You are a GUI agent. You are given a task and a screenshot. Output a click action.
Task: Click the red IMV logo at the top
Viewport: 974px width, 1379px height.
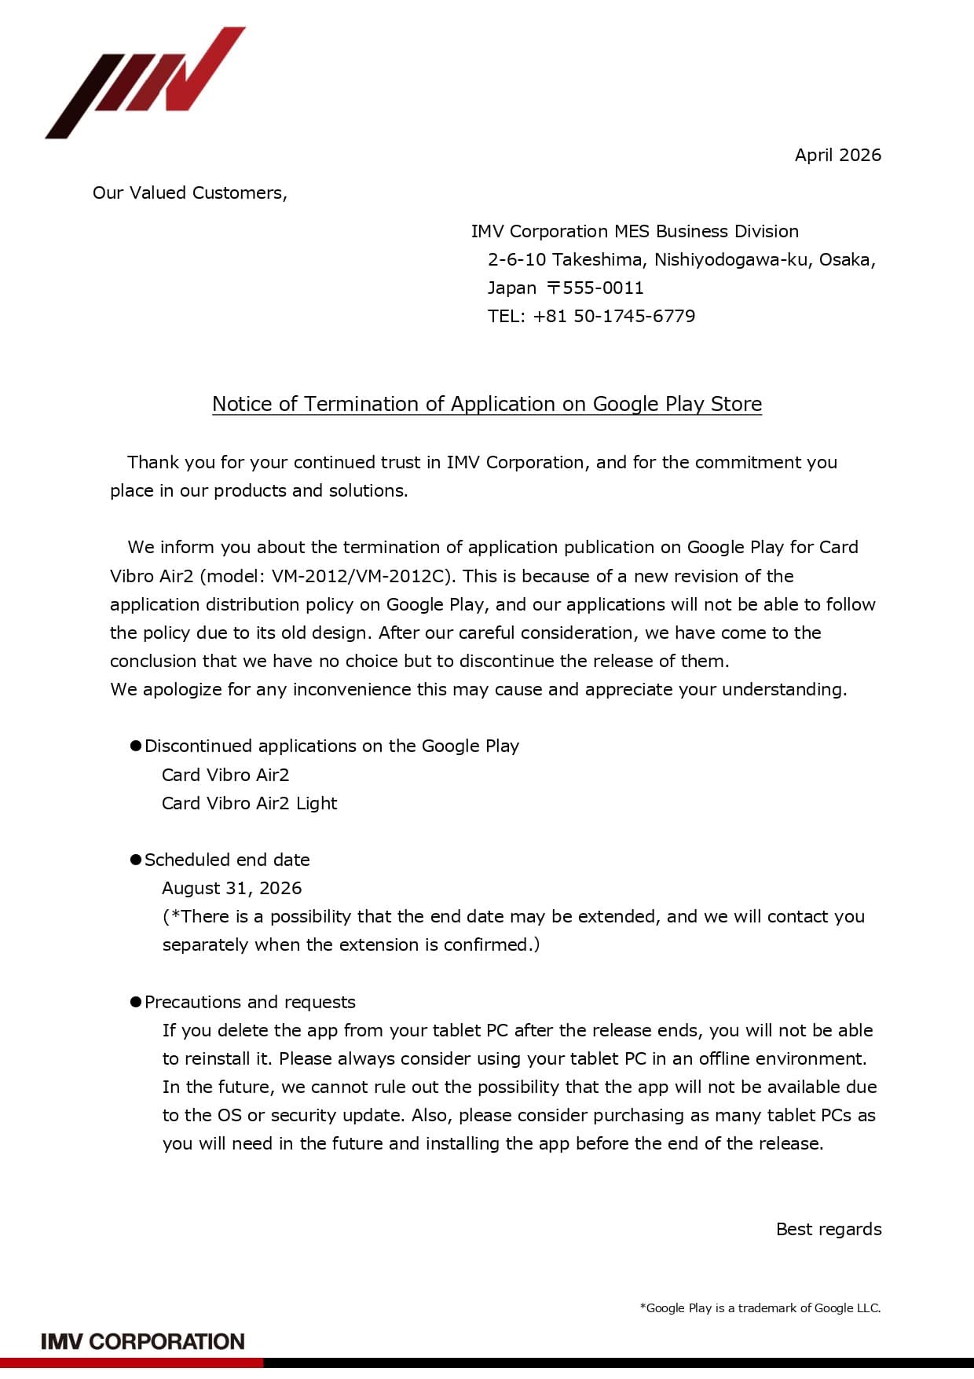pos(145,83)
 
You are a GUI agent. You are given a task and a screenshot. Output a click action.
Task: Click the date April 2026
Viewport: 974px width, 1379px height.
pos(837,155)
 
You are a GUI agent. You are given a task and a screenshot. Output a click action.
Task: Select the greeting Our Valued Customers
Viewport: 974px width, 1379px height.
pos(189,193)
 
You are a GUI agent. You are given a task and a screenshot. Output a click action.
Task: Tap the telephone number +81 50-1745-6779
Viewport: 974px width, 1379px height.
pos(613,316)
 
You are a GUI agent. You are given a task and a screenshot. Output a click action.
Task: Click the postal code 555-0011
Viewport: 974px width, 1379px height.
pos(602,288)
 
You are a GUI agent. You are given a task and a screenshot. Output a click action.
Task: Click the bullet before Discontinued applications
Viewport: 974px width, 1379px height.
pos(135,746)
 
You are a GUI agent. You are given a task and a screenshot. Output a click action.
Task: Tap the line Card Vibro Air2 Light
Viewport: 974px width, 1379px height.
pos(249,803)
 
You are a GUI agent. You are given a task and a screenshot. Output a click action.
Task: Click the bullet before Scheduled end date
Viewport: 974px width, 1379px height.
pos(135,860)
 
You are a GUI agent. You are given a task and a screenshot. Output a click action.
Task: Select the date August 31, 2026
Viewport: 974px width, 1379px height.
pos(232,888)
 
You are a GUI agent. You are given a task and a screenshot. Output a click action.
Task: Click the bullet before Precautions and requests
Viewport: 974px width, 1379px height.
pos(135,1002)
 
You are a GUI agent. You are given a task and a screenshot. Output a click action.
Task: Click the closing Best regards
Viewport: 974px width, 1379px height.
pos(828,1229)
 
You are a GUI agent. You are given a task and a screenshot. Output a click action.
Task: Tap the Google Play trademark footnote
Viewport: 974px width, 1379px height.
pos(760,1307)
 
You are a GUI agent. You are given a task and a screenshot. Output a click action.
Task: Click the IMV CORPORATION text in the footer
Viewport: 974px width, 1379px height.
pos(143,1341)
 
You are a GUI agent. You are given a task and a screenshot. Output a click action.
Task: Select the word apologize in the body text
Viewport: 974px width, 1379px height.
pos(183,689)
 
